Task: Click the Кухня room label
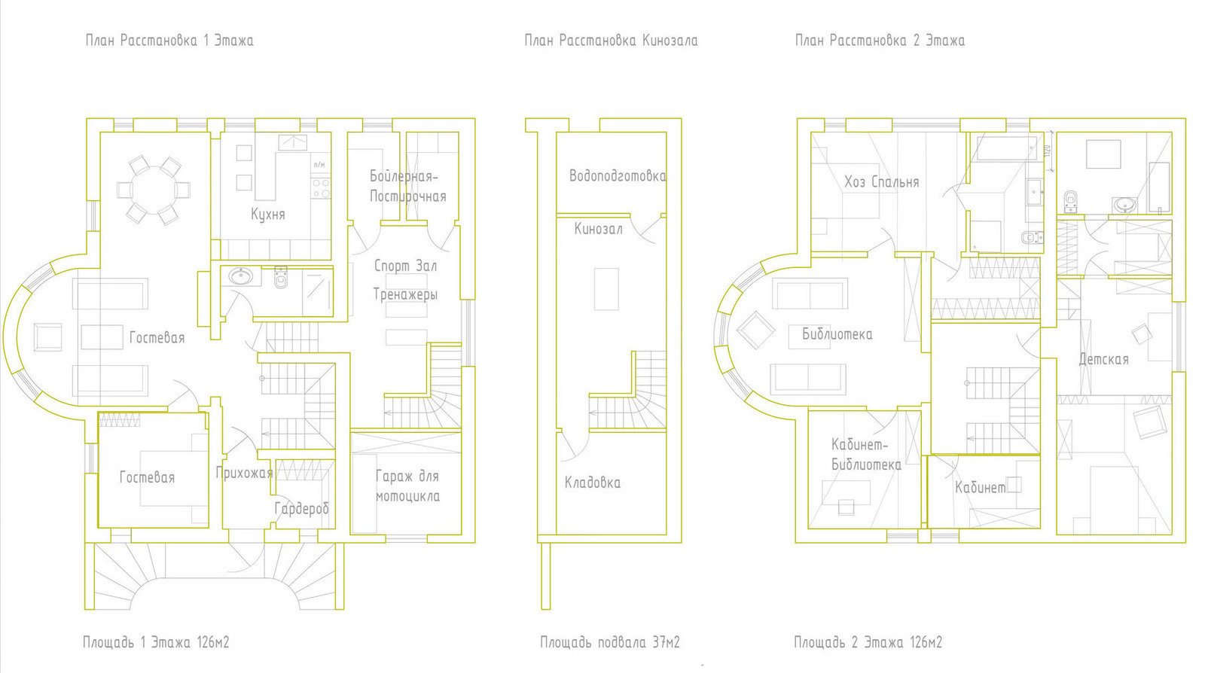268,215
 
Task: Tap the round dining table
154,190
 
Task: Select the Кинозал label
598,229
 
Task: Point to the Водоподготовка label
618,175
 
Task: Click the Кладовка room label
592,483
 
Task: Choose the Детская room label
1104,359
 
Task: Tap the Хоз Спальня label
882,182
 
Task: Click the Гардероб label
301,508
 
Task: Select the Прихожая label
244,473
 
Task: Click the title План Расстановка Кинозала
611,41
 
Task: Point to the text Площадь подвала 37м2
610,642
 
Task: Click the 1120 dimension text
1047,151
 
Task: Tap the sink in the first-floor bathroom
240,277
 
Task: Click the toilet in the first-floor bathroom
280,277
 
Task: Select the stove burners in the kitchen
321,189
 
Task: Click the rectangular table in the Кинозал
606,289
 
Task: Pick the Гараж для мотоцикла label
407,486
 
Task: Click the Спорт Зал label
405,266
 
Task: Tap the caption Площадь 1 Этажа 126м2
156,642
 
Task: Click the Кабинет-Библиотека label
866,455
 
